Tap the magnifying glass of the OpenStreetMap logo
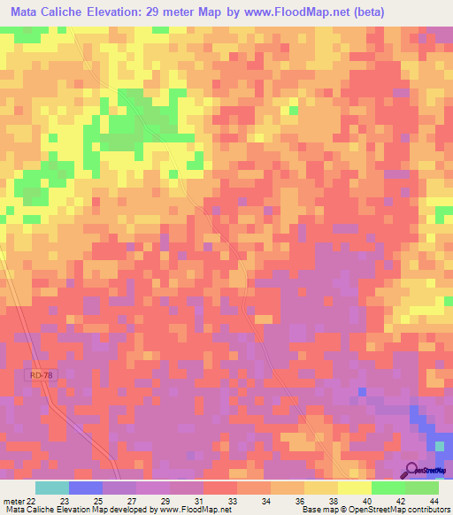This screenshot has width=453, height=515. (412, 471)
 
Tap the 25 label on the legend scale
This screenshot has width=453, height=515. (87, 500)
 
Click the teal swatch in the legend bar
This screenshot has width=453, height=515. (51, 488)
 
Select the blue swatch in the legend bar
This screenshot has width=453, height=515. (85, 488)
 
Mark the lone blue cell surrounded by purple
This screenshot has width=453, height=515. (362, 391)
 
